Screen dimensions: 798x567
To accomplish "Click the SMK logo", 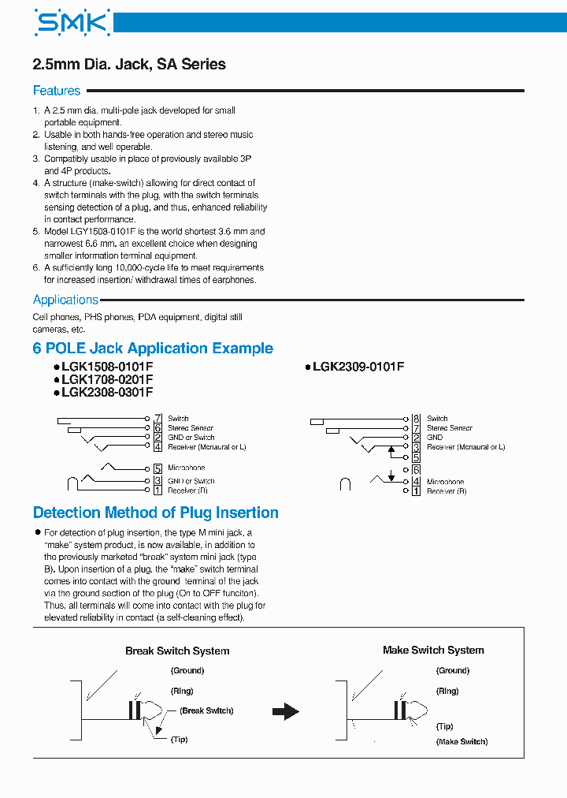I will (x=72, y=24).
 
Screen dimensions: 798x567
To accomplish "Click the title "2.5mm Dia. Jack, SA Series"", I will (x=129, y=65).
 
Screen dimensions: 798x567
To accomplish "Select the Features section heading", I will (x=57, y=91).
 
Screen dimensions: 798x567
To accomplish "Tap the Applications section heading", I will (x=65, y=300).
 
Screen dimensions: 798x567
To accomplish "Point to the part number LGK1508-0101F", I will (x=107, y=367).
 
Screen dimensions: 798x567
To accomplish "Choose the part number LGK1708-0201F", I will (x=107, y=379).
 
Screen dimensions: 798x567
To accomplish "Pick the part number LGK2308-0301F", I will (x=107, y=392).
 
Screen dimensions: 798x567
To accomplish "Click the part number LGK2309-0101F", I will (x=358, y=367).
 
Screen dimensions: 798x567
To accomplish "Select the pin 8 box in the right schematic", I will (x=416, y=419).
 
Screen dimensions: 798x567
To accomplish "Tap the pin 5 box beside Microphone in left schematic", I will (x=157, y=468).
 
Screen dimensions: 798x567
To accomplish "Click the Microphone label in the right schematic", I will (x=445, y=482).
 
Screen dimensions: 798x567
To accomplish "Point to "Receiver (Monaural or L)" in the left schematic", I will (x=207, y=447).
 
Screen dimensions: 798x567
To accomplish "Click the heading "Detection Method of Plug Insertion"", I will (x=156, y=513).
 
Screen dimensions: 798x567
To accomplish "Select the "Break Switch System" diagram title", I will (x=177, y=651).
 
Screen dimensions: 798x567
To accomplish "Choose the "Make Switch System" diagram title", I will (x=433, y=651).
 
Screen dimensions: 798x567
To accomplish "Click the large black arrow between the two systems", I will (x=285, y=711).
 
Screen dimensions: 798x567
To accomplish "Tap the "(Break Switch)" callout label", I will (x=206, y=710).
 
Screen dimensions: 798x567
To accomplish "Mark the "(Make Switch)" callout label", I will (x=461, y=741).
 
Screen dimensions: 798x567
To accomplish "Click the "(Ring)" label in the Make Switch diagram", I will (x=447, y=691).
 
